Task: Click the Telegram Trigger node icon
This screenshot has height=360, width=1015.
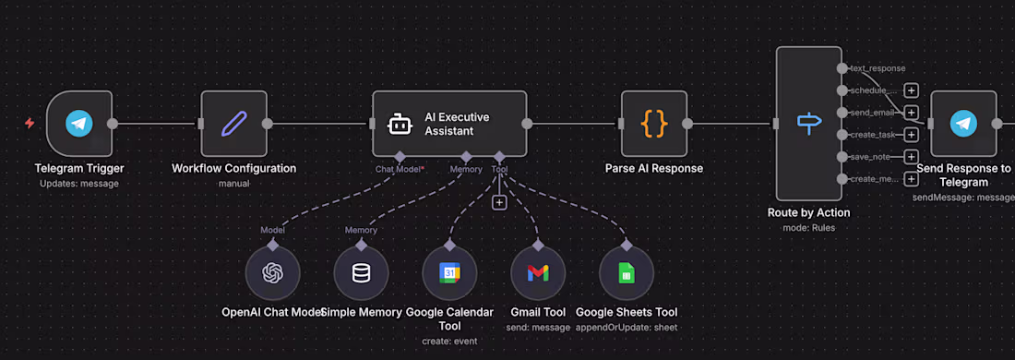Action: point(79,124)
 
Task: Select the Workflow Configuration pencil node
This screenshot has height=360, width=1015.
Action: point(233,124)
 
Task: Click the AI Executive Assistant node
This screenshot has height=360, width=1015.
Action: point(449,124)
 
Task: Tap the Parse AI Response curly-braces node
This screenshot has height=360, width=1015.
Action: point(653,124)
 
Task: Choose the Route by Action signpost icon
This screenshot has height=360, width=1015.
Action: point(809,124)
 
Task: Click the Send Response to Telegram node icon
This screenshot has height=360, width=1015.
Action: point(963,124)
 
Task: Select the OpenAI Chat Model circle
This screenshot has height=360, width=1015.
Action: point(272,273)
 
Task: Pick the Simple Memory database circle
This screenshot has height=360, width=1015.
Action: point(361,273)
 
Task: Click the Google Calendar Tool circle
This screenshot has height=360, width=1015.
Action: point(449,273)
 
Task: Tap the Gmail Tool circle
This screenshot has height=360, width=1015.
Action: point(538,273)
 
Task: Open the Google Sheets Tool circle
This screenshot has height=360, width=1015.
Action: point(627,273)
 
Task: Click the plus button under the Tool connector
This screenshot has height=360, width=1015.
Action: point(499,202)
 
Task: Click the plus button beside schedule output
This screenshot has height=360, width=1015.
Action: point(911,90)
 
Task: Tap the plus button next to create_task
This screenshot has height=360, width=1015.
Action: point(911,135)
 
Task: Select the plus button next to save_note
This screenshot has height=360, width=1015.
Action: point(911,157)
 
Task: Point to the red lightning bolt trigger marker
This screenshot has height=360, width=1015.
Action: point(30,123)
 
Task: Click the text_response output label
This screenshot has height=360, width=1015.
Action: point(877,68)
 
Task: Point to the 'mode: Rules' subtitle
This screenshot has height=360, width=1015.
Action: point(808,227)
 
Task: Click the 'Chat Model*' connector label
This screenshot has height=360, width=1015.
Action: point(399,169)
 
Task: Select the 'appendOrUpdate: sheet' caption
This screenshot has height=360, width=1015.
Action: point(626,328)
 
